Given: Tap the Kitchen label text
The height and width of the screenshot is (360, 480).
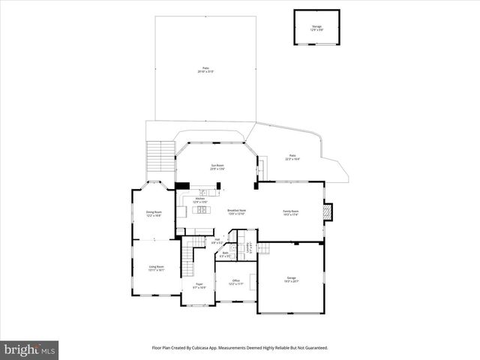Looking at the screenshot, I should pyautogui.click(x=199, y=201).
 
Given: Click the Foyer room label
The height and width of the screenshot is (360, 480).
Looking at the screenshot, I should pyautogui.click(x=199, y=286).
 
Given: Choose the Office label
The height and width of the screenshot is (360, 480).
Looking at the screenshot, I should pyautogui.click(x=236, y=283).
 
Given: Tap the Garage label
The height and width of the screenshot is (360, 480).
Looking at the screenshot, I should pyautogui.click(x=291, y=279).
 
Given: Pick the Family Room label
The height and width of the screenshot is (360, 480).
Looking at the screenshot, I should pyautogui.click(x=290, y=213).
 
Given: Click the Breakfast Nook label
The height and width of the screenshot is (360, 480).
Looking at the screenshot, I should pyautogui.click(x=237, y=212).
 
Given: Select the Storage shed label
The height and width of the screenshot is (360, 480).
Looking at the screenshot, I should pyautogui.click(x=316, y=28).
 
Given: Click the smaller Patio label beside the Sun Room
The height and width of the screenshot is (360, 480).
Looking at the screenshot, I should pyautogui.click(x=292, y=157).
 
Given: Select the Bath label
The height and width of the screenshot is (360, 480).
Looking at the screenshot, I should pyautogui.click(x=225, y=254).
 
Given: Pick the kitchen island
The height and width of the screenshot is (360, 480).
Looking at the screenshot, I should pyautogui.click(x=201, y=210).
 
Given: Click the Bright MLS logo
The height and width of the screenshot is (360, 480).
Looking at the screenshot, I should pyautogui.click(x=30, y=349).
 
